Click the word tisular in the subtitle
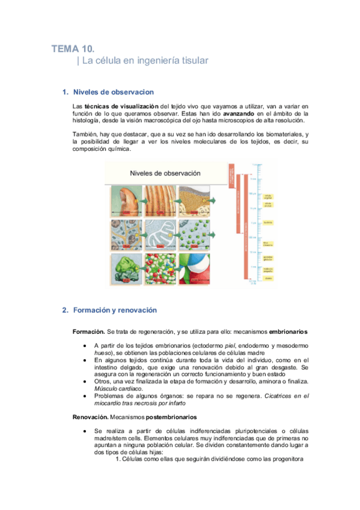[194, 61]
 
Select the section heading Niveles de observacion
[114, 92]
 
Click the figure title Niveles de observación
[165, 173]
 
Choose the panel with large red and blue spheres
[194, 268]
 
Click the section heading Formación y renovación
[115, 310]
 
